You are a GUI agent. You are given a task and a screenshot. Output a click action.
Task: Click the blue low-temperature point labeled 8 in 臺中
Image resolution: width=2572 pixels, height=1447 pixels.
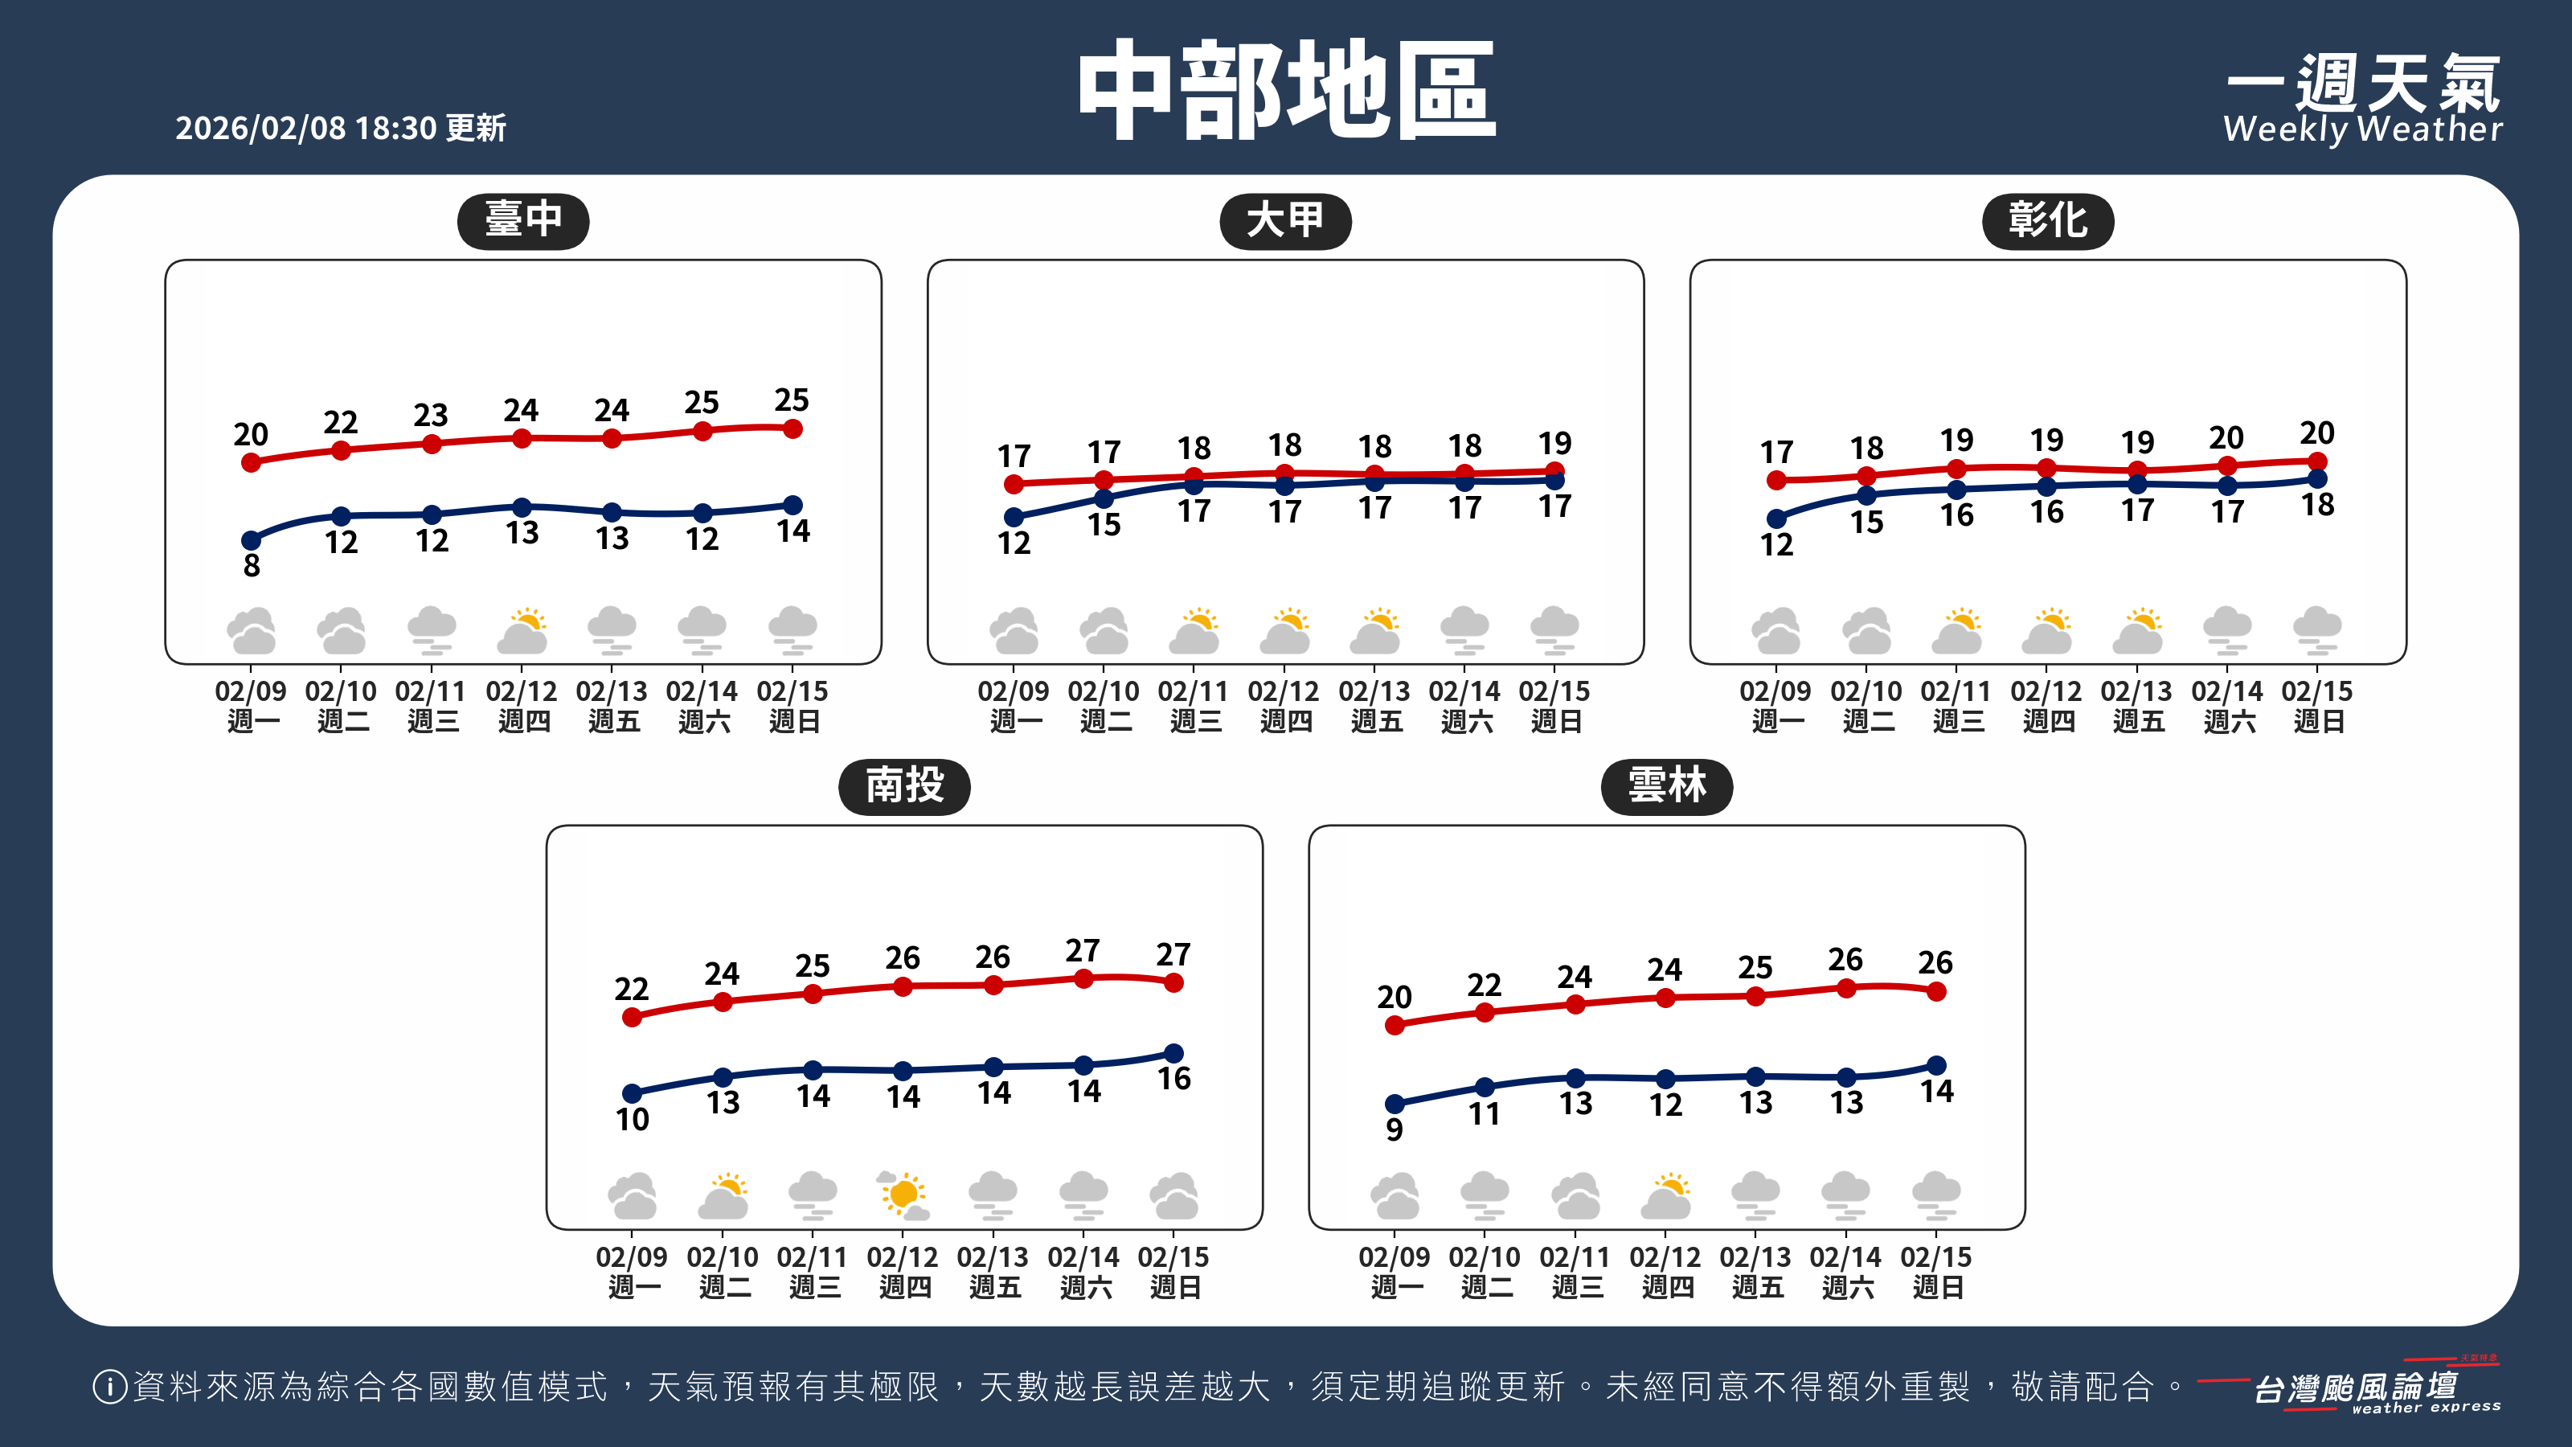252,540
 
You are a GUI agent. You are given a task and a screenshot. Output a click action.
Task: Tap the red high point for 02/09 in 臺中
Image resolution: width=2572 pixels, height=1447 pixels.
252,462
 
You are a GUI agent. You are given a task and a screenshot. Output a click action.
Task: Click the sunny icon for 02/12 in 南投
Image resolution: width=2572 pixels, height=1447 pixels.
903,1195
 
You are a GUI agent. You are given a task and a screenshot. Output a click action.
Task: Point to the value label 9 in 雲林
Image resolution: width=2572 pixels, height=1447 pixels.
1395,1130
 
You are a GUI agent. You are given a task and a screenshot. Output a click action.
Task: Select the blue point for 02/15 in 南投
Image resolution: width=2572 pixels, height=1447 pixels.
1174,1054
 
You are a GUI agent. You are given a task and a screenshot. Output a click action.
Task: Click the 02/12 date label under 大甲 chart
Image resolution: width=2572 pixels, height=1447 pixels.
1284,691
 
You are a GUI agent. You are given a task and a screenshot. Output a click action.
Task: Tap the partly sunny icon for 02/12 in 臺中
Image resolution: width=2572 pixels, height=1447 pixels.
522,630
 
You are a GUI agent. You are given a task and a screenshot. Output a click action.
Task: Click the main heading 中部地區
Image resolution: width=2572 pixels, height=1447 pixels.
1286,90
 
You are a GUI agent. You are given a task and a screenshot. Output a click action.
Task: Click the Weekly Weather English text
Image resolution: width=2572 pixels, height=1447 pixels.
2362,129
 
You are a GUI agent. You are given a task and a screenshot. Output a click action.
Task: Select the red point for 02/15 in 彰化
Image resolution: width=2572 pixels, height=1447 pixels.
2317,461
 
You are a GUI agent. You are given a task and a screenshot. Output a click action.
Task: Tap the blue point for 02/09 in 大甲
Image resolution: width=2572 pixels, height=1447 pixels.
1014,517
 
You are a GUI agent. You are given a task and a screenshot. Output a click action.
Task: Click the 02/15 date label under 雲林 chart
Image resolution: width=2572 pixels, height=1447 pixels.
1936,1257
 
